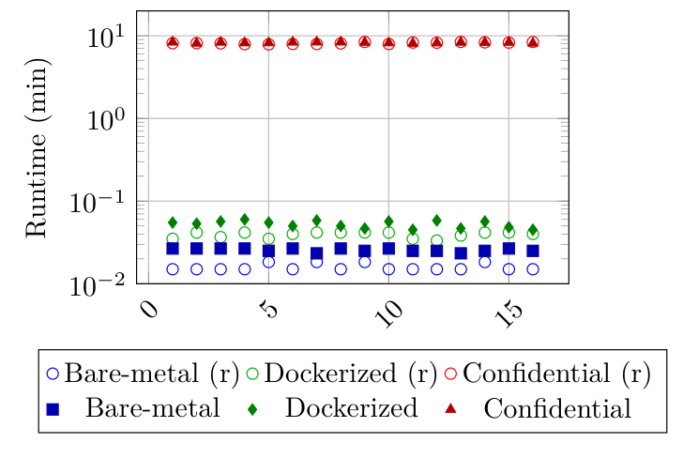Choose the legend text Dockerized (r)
tap(352, 374)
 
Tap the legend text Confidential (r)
tap(557, 374)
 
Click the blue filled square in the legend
tap(53, 409)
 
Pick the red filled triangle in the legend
tap(453, 409)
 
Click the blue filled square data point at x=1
tap(173, 248)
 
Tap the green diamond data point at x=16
tap(533, 230)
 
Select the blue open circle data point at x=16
tap(533, 269)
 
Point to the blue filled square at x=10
tap(388, 249)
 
